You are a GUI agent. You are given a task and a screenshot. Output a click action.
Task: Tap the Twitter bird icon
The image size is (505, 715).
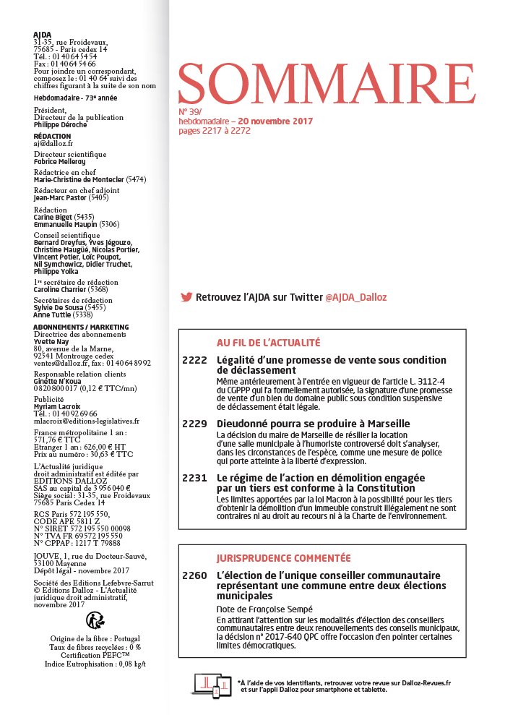186,297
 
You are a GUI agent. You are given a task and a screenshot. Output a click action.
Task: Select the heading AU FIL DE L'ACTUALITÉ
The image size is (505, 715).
268,343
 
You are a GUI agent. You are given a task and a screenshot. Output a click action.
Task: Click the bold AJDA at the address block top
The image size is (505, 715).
43,35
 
